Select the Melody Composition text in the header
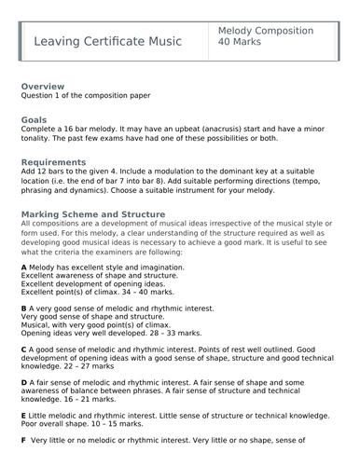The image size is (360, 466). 265,31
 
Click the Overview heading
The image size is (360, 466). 43,85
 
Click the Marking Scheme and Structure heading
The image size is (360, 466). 92,213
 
